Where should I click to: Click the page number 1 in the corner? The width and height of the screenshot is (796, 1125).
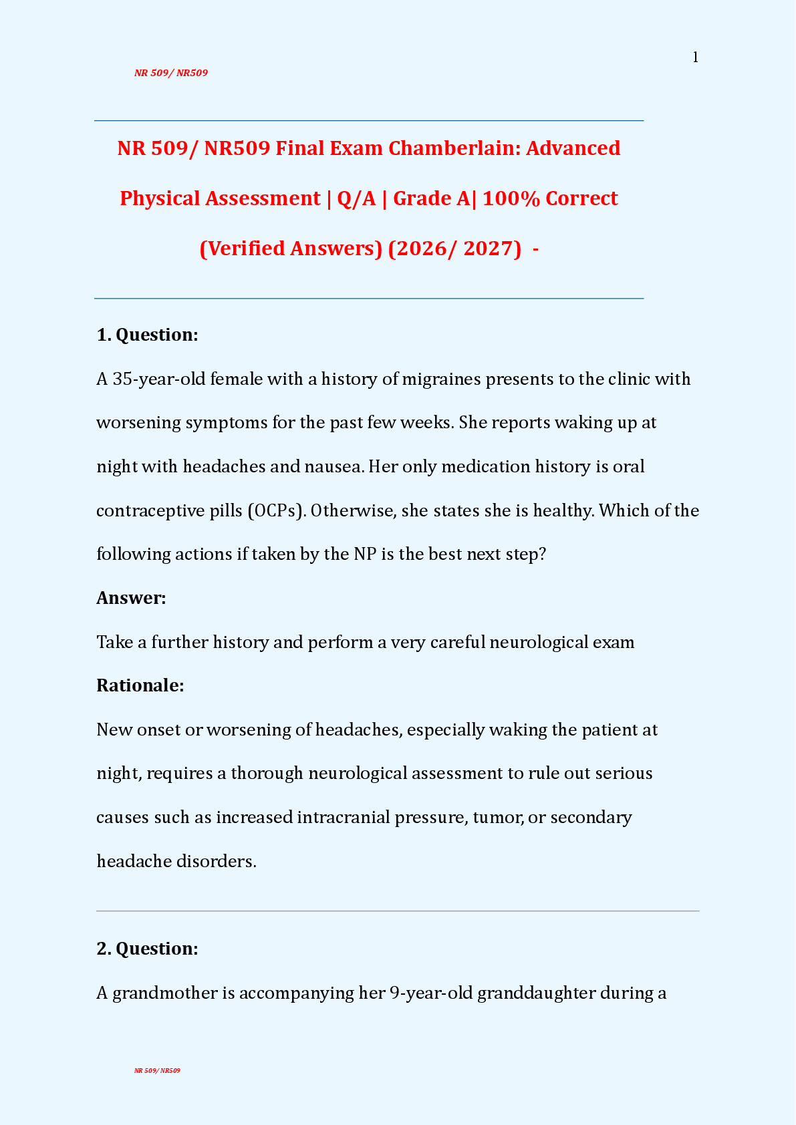click(695, 57)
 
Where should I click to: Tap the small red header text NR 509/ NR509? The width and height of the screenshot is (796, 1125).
click(171, 73)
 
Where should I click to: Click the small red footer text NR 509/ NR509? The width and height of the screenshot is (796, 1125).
click(157, 1070)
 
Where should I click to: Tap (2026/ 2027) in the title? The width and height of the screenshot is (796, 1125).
click(454, 249)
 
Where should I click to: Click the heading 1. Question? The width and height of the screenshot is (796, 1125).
click(147, 335)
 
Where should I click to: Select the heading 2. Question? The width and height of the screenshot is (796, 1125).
click(147, 949)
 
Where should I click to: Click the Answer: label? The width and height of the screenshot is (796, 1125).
click(131, 598)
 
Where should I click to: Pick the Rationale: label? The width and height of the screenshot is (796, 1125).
click(140, 685)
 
